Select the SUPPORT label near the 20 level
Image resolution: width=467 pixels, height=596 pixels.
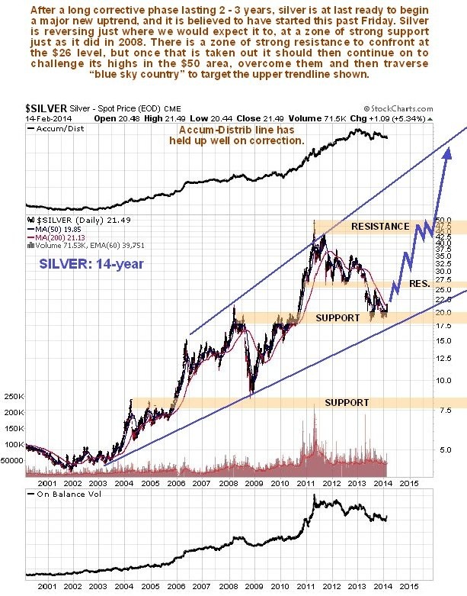tap(338, 317)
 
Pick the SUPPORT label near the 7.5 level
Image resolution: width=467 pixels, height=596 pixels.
tap(347, 402)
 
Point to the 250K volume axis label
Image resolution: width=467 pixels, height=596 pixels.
tap(14, 396)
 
